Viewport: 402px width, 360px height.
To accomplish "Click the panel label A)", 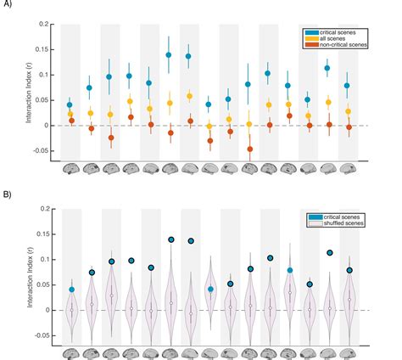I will pyautogui.click(x=9, y=8).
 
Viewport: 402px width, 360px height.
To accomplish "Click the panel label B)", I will pyautogui.click(x=9, y=193).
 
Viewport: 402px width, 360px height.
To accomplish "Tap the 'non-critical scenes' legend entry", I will pyautogui.click(x=352, y=46).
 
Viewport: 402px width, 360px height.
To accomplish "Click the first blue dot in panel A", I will pyautogui.click(x=70, y=105).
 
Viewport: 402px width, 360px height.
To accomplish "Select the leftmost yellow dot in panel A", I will pyautogui.click(x=70, y=114).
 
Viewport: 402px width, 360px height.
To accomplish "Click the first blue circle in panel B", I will pyautogui.click(x=71, y=290).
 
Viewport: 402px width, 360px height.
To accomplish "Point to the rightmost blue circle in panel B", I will pyautogui.click(x=349, y=270).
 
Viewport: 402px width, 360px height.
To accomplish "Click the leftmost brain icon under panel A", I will pyautogui.click(x=70, y=167).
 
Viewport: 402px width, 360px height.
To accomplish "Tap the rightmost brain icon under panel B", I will pyautogui.click(x=348, y=352).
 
